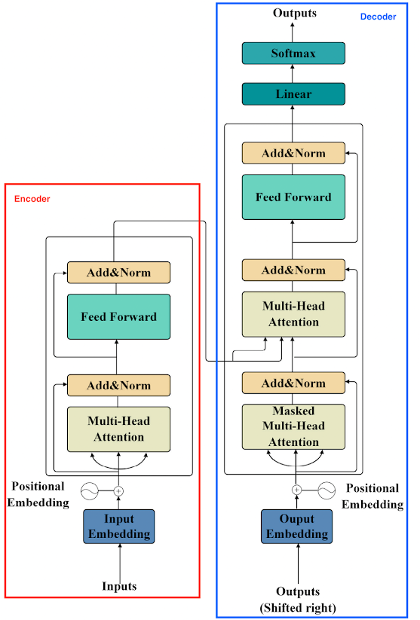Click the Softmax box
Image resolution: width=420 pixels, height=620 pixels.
point(293,53)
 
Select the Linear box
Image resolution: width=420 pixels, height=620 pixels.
point(293,93)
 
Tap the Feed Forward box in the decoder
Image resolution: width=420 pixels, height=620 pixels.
point(293,197)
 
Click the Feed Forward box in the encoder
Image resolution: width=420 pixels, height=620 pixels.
point(118,316)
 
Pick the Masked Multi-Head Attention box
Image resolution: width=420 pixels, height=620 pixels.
point(293,426)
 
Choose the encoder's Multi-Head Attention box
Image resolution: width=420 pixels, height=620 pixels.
point(118,429)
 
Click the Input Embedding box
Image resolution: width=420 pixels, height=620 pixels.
point(118,527)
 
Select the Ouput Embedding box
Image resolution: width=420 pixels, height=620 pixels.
point(296,527)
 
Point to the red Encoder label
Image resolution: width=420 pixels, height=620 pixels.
point(32,198)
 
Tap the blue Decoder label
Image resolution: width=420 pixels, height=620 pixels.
point(378,17)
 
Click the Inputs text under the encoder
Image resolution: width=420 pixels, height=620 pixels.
point(119,585)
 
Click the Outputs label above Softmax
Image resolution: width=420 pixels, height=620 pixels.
point(295,13)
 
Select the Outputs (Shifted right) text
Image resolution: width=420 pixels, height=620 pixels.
point(298,600)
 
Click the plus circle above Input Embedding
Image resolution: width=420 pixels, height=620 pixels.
point(118,491)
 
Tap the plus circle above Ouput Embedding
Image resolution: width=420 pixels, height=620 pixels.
point(296,490)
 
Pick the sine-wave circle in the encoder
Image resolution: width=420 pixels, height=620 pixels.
point(90,491)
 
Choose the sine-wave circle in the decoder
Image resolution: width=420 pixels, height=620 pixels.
point(326,490)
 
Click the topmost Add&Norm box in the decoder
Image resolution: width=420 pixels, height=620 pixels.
point(293,153)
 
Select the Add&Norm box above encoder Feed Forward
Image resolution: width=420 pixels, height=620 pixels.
point(118,273)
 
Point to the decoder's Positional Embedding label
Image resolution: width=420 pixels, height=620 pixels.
point(372,496)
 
